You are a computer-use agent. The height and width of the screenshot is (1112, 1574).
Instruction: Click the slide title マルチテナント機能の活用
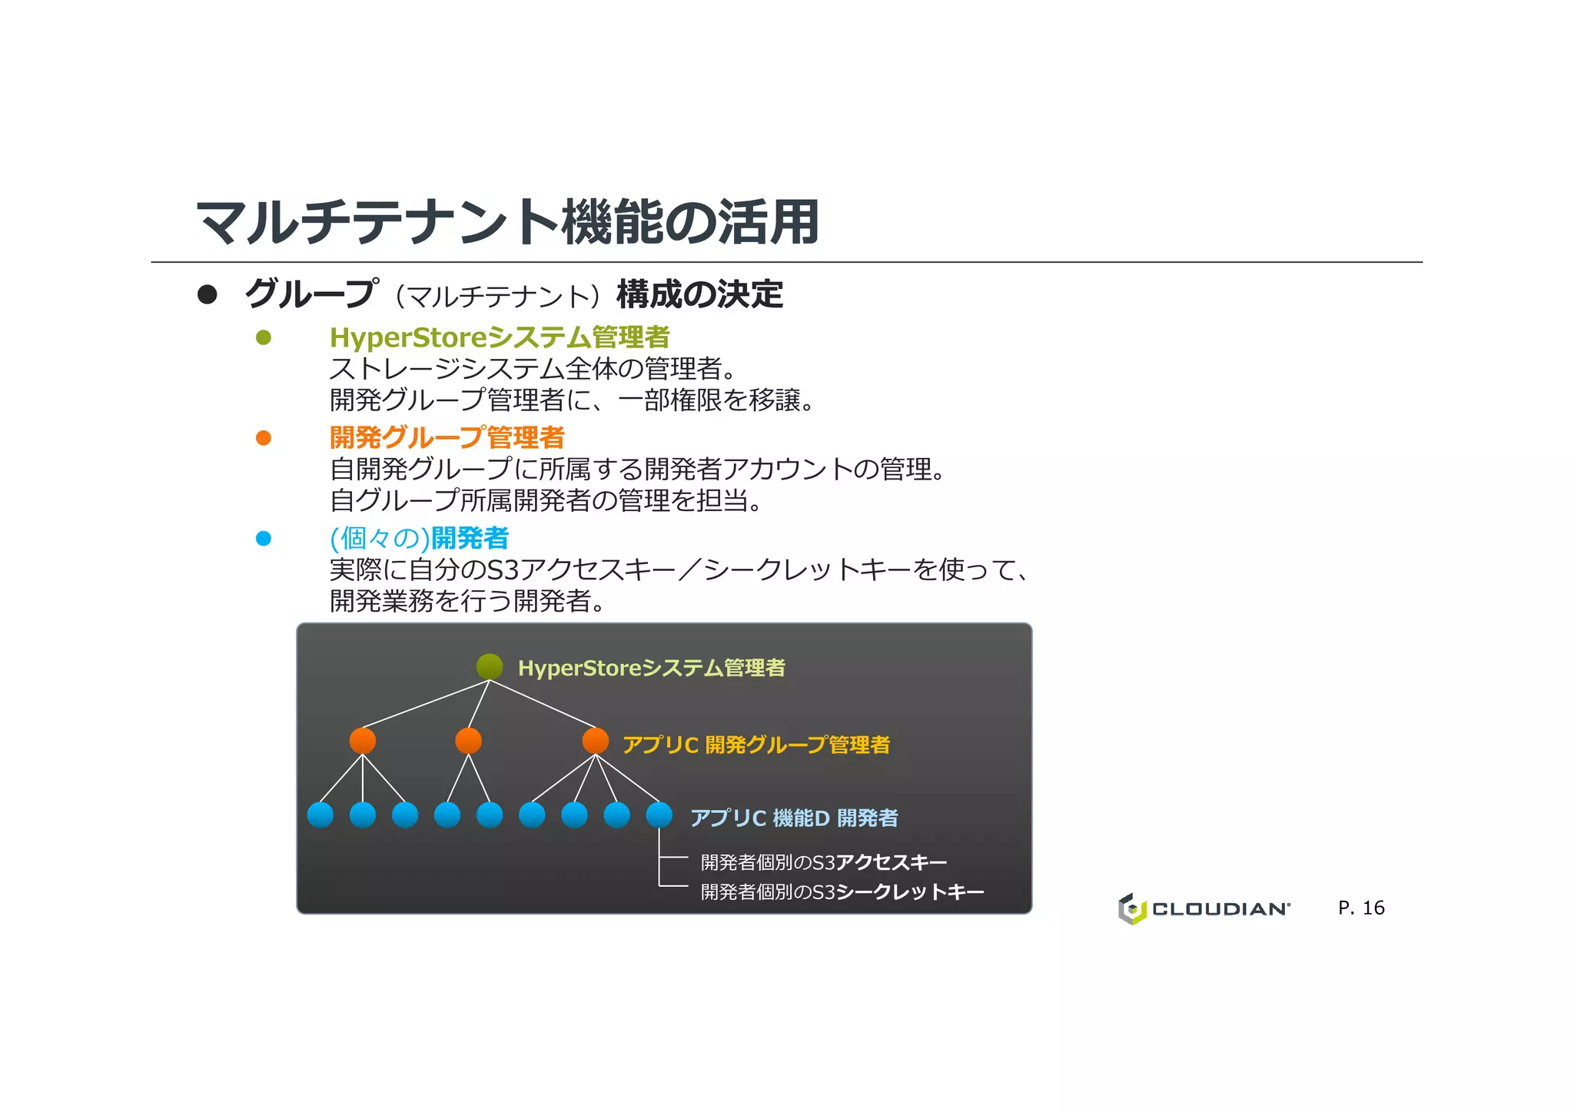[507, 222]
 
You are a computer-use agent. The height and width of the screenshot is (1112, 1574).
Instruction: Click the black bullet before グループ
[208, 294]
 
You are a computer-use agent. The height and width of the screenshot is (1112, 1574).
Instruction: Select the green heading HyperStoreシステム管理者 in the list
[500, 337]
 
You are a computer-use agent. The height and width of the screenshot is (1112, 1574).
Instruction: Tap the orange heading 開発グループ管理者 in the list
[447, 437]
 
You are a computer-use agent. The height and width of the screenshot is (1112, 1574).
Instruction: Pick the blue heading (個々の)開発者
[419, 538]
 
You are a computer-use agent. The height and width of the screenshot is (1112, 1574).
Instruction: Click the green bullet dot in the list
[264, 337]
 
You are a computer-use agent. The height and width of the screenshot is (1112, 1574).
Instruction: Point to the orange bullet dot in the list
[264, 438]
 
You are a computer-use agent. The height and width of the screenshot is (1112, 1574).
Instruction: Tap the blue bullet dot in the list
[264, 539]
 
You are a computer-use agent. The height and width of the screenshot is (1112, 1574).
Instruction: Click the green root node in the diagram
[490, 666]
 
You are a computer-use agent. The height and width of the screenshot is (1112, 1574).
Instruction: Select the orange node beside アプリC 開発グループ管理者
[596, 741]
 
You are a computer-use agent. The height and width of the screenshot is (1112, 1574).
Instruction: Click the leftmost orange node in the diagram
[363, 741]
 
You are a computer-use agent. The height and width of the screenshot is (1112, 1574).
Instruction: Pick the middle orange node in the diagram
[468, 741]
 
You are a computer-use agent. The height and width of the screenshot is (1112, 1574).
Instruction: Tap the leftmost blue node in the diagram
[320, 815]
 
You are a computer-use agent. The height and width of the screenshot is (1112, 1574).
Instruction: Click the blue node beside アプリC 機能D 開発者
[659, 815]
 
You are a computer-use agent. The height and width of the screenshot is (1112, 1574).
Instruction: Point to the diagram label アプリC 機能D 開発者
[794, 818]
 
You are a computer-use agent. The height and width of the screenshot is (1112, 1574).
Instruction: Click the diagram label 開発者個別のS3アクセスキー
[823, 862]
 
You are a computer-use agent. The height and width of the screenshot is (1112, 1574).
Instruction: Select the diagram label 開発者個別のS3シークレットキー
[842, 891]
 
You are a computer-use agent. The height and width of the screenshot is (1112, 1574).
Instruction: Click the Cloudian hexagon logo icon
[1131, 908]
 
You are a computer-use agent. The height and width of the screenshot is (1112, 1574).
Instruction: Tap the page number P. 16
[1361, 908]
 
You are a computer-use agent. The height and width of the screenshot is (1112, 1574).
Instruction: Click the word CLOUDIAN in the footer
[1220, 909]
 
